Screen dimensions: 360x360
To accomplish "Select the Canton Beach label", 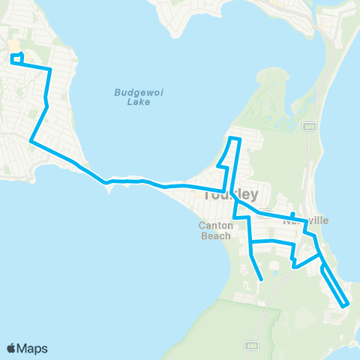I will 216,229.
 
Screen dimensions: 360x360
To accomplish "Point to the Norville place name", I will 305,221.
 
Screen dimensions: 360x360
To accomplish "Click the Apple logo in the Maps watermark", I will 12,348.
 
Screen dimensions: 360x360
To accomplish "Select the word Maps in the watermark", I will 32,348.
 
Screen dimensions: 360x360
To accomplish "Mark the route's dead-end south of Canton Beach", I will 262,280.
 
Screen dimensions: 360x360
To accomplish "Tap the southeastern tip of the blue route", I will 346,305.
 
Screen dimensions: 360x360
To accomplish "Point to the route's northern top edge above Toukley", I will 234,139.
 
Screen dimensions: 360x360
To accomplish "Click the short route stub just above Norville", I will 292,214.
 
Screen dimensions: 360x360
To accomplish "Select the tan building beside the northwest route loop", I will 15,46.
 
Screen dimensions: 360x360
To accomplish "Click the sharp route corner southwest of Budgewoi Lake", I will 31,140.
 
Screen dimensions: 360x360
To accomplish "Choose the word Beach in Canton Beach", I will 216,235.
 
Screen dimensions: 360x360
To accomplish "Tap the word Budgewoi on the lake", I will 128,91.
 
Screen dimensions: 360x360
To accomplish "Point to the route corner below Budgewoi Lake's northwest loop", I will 50,70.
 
